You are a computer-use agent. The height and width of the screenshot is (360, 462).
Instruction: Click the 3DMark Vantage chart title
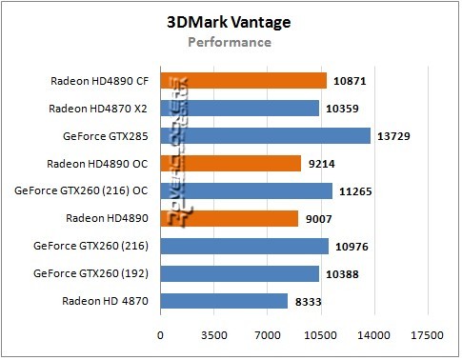coord(230,23)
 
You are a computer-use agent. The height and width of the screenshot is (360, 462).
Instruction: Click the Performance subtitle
coord(230,42)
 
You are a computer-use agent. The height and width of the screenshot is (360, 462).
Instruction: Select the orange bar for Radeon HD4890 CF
coord(243,81)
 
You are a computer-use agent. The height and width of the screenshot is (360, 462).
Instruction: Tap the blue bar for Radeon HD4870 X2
coord(239,109)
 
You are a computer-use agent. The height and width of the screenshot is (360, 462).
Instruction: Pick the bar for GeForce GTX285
coord(265,136)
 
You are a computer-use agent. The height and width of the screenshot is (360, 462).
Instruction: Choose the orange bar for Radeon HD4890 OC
coord(231,164)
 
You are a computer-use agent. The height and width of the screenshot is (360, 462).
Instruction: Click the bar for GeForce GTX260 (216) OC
coord(246,191)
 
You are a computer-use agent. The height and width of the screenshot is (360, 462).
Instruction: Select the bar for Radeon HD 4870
coord(224,301)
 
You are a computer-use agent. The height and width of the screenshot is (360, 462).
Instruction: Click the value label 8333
coord(311,302)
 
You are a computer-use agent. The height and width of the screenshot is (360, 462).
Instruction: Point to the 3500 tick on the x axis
coord(213,336)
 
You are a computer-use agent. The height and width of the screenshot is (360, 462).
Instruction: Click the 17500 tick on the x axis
coord(426,336)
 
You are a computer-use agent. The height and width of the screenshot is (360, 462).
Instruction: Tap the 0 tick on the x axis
coord(160,336)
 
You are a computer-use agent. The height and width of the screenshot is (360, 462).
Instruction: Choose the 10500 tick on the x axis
coord(319,336)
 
